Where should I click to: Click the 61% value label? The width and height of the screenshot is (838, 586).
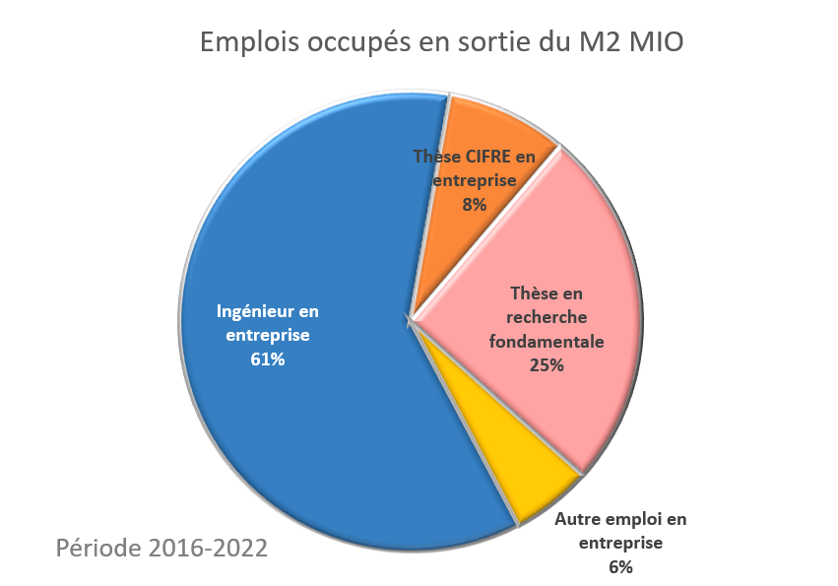268,359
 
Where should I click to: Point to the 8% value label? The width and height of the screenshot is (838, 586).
475,205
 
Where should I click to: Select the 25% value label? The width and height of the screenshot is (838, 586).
547,365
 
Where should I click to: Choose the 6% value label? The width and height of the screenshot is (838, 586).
620,566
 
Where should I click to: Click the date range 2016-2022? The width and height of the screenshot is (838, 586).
207,548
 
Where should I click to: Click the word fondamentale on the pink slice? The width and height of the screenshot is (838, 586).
547,342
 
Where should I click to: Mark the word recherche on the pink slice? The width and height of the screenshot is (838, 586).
547,317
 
